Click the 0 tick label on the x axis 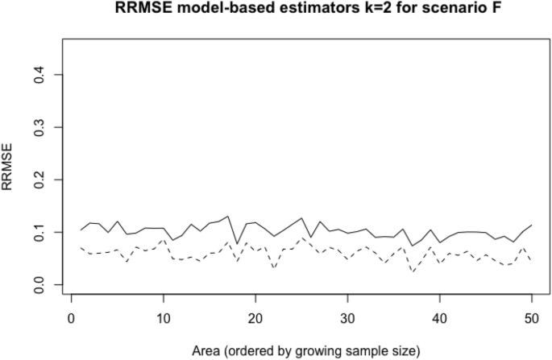72,320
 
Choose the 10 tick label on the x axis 164,320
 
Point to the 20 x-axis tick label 255,320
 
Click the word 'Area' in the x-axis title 212,351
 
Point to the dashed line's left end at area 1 81,247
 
